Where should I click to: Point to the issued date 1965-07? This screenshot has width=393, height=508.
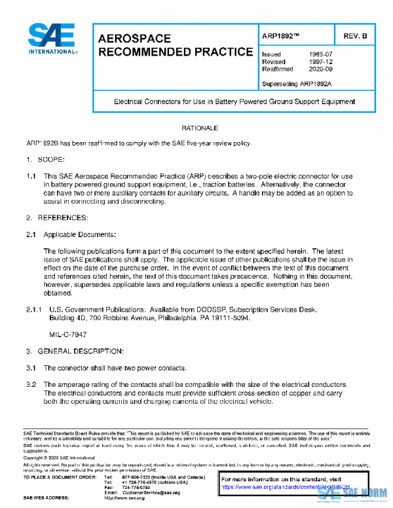point(320,54)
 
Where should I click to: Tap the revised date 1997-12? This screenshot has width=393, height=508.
point(320,62)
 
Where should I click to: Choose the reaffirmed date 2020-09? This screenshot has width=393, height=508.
point(320,69)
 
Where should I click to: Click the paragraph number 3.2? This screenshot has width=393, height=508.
point(30,384)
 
